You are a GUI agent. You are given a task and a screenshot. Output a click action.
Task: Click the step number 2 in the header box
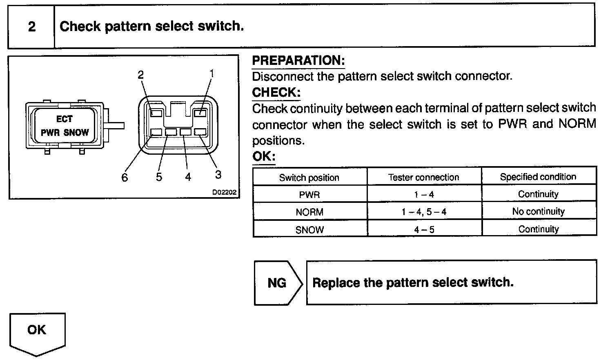click(31, 27)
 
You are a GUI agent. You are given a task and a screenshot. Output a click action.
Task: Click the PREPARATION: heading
click(298, 61)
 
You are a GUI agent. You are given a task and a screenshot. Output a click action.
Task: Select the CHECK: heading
click(276, 93)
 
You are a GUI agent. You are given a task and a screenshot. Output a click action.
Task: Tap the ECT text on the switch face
click(64, 119)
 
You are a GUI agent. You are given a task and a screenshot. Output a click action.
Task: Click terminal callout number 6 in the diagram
click(125, 178)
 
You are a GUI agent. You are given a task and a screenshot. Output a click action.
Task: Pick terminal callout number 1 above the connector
click(211, 73)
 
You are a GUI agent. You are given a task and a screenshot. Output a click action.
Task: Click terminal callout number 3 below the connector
click(218, 175)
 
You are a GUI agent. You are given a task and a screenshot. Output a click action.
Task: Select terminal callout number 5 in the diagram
click(159, 177)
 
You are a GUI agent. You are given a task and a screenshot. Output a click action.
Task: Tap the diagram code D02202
click(224, 193)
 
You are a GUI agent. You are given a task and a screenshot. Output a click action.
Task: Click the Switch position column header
click(309, 178)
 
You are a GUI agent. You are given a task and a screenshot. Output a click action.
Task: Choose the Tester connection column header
click(423, 178)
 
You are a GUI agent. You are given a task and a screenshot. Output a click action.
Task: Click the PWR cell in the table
click(309, 195)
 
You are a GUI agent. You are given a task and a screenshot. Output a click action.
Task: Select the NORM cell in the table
click(309, 212)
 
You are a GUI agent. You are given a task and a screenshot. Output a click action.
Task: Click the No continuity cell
click(538, 211)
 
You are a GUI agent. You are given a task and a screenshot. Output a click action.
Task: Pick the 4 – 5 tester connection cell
click(424, 230)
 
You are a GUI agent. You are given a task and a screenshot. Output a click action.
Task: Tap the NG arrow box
click(278, 283)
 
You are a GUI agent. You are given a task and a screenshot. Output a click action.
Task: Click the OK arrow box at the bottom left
click(37, 330)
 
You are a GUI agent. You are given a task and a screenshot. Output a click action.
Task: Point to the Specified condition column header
click(538, 177)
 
